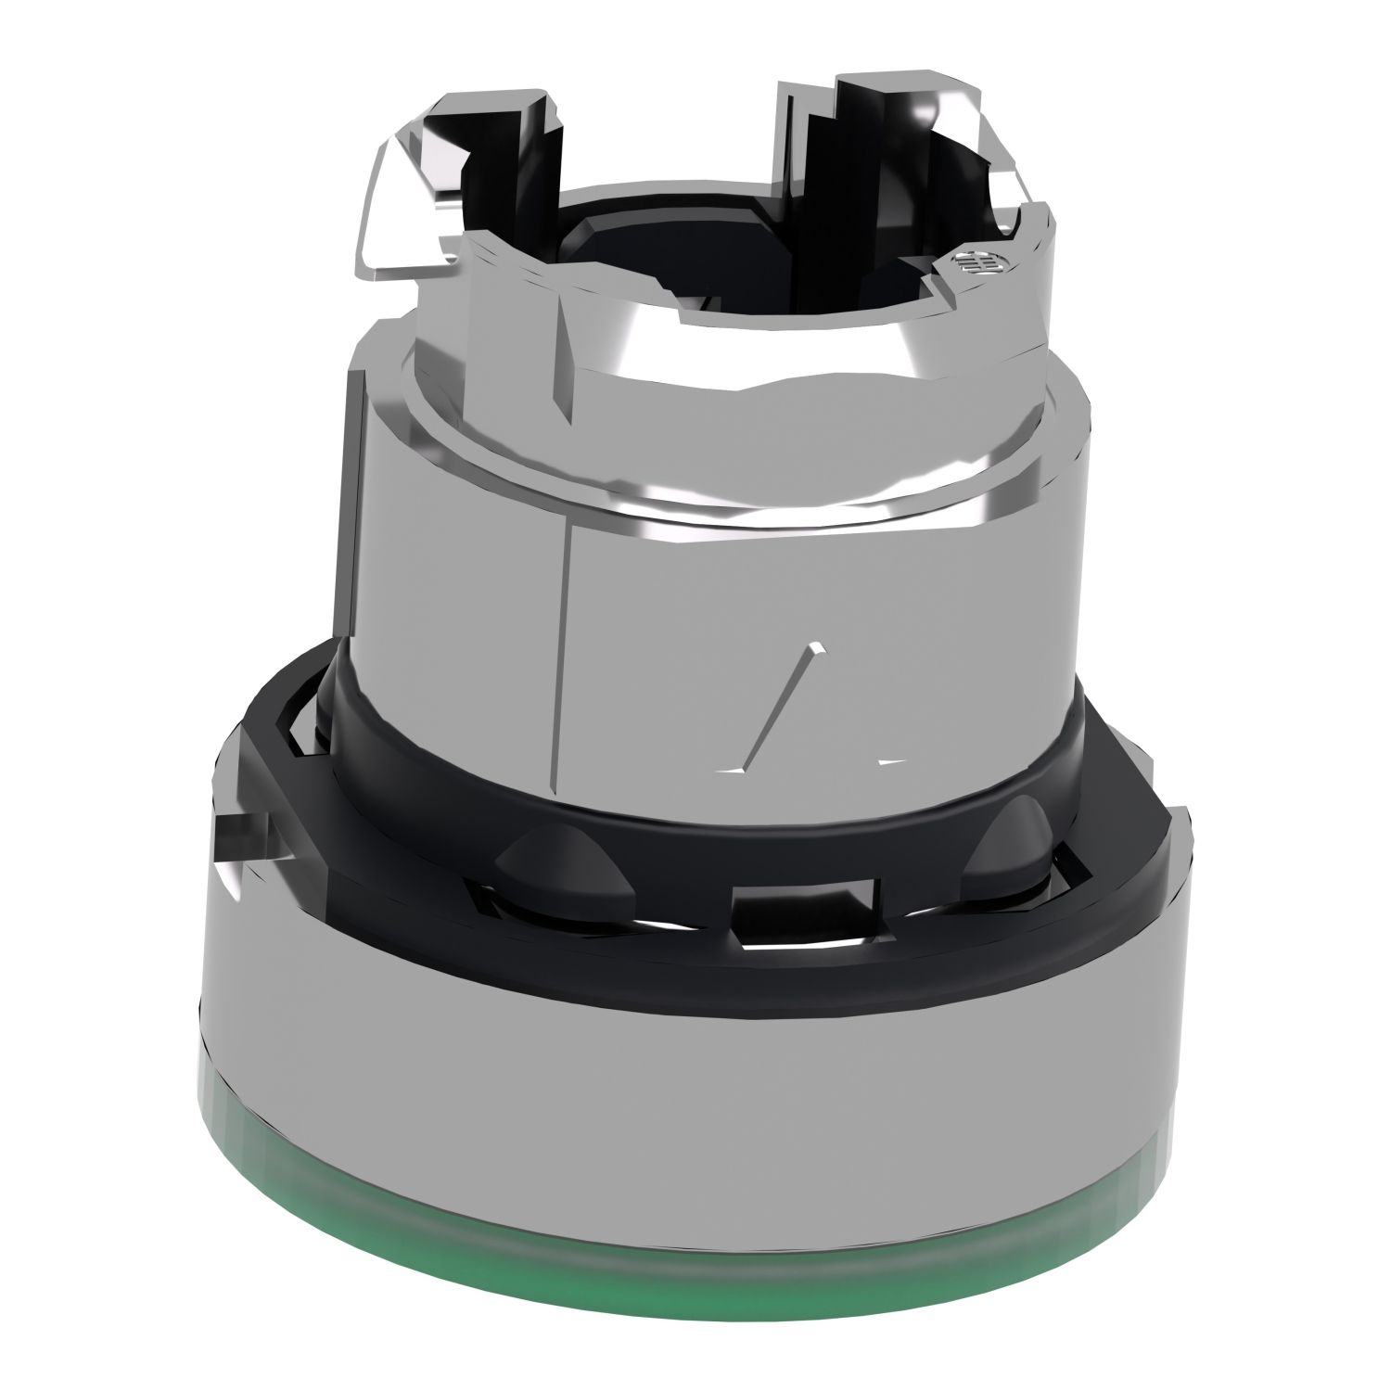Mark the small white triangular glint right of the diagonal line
pyautogui.click(x=890, y=761)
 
